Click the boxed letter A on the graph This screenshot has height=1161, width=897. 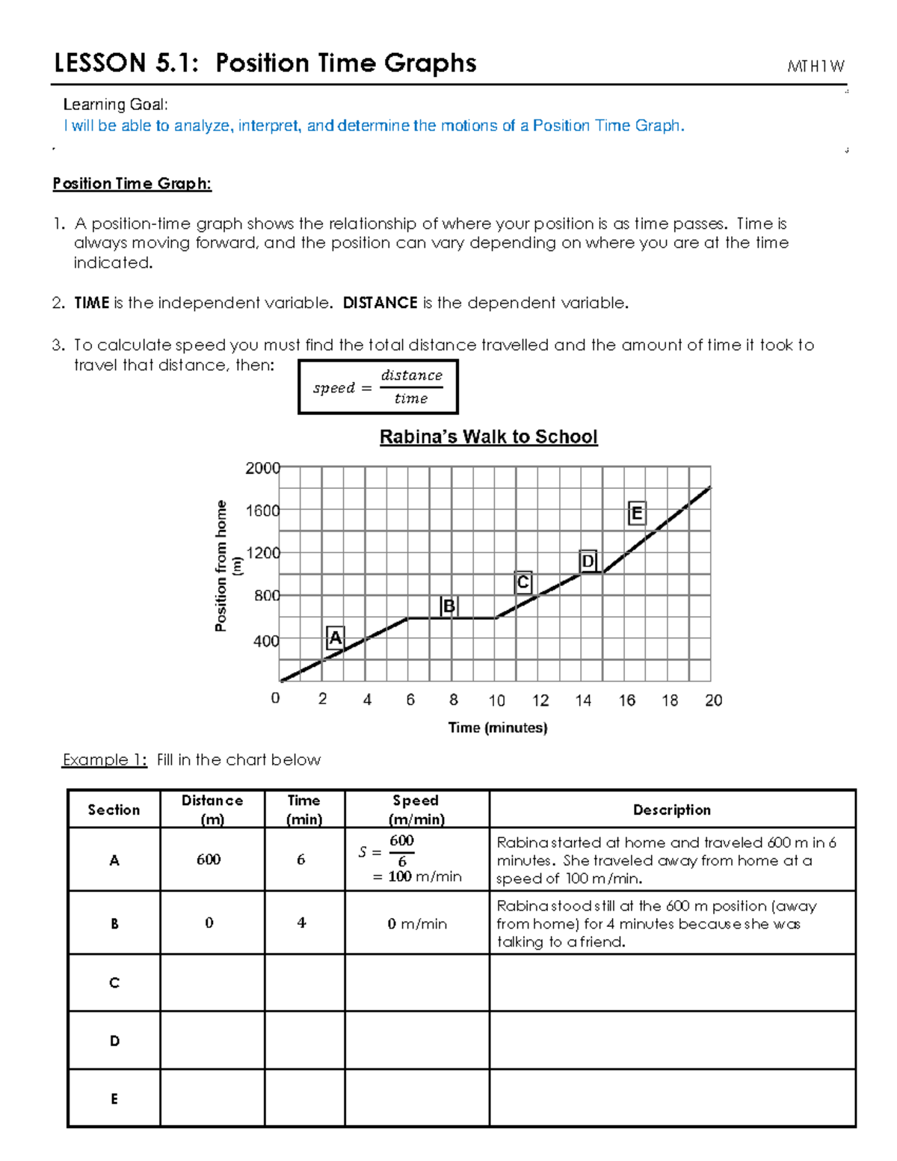(x=336, y=638)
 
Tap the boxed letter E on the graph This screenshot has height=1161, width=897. (x=637, y=514)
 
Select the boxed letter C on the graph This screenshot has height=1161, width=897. (x=523, y=582)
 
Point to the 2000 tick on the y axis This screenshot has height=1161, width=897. (x=262, y=468)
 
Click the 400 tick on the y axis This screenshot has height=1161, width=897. (x=266, y=641)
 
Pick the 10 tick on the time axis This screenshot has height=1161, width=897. (x=497, y=700)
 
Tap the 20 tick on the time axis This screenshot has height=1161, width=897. (x=713, y=700)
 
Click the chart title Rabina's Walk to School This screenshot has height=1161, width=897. (x=488, y=437)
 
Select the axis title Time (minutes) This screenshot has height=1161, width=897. (x=498, y=727)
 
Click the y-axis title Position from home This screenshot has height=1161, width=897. (x=221, y=566)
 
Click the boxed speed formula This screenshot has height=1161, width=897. (x=377, y=387)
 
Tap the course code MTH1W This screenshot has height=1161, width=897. (x=816, y=67)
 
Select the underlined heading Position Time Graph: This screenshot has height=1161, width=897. (x=132, y=184)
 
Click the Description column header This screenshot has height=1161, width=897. (x=671, y=810)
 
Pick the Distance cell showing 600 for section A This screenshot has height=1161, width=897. (x=209, y=859)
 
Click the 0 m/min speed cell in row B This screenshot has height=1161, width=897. (x=417, y=924)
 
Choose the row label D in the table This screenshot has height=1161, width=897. (x=114, y=1041)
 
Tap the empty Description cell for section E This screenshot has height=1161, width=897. (x=671, y=1097)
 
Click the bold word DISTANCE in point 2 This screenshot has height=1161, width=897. (x=380, y=303)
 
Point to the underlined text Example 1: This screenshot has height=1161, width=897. (x=105, y=760)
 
